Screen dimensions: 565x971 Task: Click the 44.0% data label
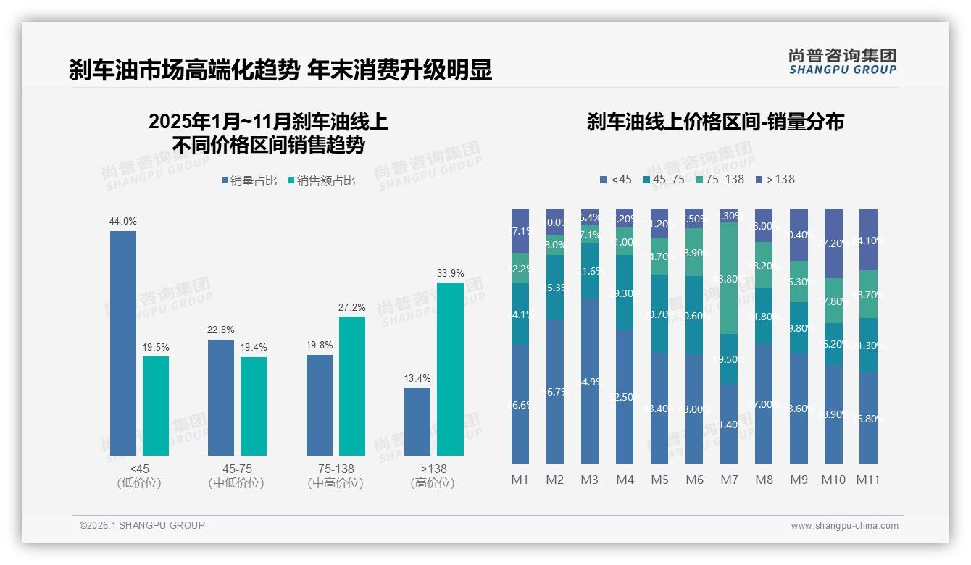[x=122, y=222]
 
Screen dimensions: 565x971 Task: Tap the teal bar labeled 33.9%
[x=450, y=369]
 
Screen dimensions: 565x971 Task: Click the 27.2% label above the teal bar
[x=352, y=307]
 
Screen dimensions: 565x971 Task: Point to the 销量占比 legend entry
[x=249, y=181]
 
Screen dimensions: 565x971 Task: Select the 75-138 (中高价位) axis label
[x=336, y=476]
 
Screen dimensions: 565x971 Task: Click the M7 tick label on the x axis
[x=729, y=480]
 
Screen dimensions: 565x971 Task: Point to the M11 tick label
[x=868, y=480]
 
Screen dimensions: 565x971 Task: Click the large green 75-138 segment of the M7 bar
[x=729, y=278]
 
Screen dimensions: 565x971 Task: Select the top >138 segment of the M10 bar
[x=833, y=243]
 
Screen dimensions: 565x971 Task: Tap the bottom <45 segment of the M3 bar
[x=590, y=381]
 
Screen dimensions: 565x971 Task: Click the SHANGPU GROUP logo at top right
[x=842, y=62]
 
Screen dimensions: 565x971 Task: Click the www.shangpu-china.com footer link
[x=844, y=526]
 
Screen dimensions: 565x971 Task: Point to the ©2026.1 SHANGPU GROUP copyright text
[x=142, y=525]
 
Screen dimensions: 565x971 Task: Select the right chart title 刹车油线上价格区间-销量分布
[x=715, y=122]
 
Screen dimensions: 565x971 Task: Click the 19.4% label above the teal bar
[x=254, y=348]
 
